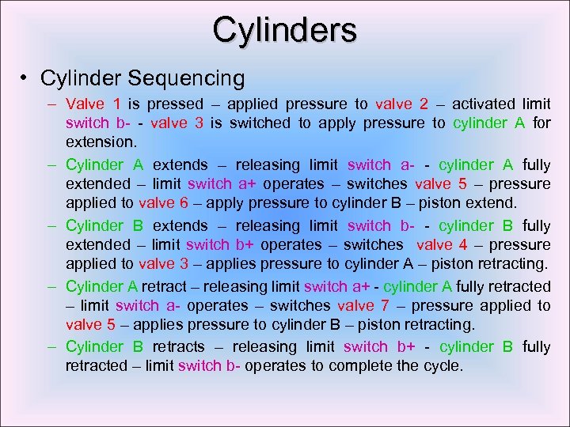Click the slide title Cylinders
click(284, 30)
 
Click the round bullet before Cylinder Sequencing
click(26, 78)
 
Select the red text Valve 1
click(93, 104)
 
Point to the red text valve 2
click(402, 104)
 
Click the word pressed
click(172, 104)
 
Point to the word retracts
click(177, 346)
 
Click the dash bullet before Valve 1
click(51, 104)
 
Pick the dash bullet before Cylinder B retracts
click(51, 346)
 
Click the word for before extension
click(541, 123)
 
